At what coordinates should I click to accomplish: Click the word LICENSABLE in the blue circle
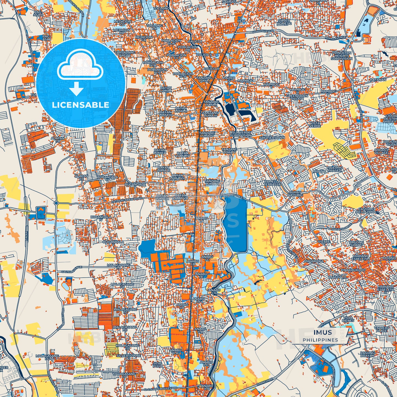coord(80,105)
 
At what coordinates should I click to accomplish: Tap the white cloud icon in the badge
coord(80,66)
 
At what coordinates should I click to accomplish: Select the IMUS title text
coord(323,332)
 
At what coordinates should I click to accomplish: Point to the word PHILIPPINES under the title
coord(320,340)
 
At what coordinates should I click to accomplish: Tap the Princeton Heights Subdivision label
coord(342,55)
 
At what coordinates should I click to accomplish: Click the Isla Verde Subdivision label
coord(241,134)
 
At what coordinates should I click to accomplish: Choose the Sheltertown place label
coord(272,138)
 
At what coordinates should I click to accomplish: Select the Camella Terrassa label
coord(272,183)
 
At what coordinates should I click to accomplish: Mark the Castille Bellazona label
coord(366,211)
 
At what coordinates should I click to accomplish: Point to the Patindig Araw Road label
coord(127,200)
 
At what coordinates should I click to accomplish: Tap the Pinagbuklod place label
coord(353,270)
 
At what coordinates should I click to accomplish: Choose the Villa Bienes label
coord(348,319)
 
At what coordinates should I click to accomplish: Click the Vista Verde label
coord(315,124)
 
